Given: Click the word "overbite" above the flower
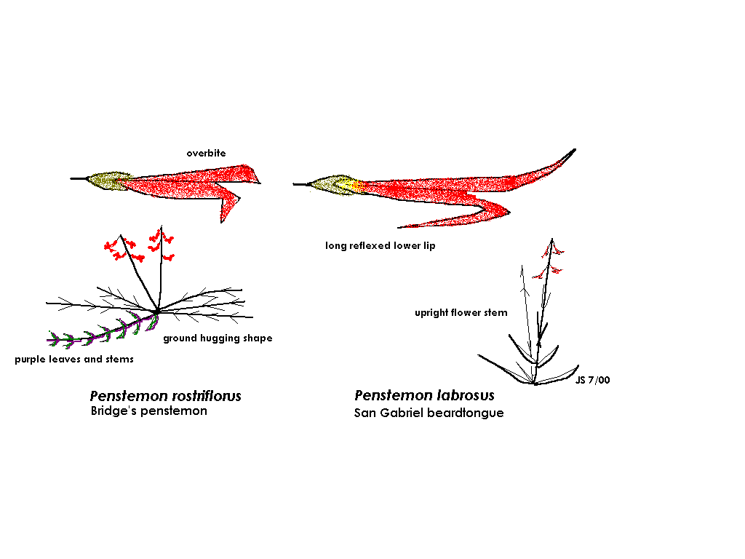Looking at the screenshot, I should [x=206, y=154].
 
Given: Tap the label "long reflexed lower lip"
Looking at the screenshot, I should [x=380, y=246].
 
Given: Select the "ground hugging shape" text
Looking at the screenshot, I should [x=217, y=338].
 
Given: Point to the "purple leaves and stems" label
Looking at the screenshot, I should [x=73, y=360].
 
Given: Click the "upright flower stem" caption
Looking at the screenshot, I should [x=461, y=313].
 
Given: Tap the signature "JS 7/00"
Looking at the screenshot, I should [x=592, y=381].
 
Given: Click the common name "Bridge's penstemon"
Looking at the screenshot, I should [x=148, y=411].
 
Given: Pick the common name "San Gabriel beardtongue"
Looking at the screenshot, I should [x=429, y=413].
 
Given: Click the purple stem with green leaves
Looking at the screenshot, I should [x=102, y=334].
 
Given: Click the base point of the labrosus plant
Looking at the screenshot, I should [x=535, y=383].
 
